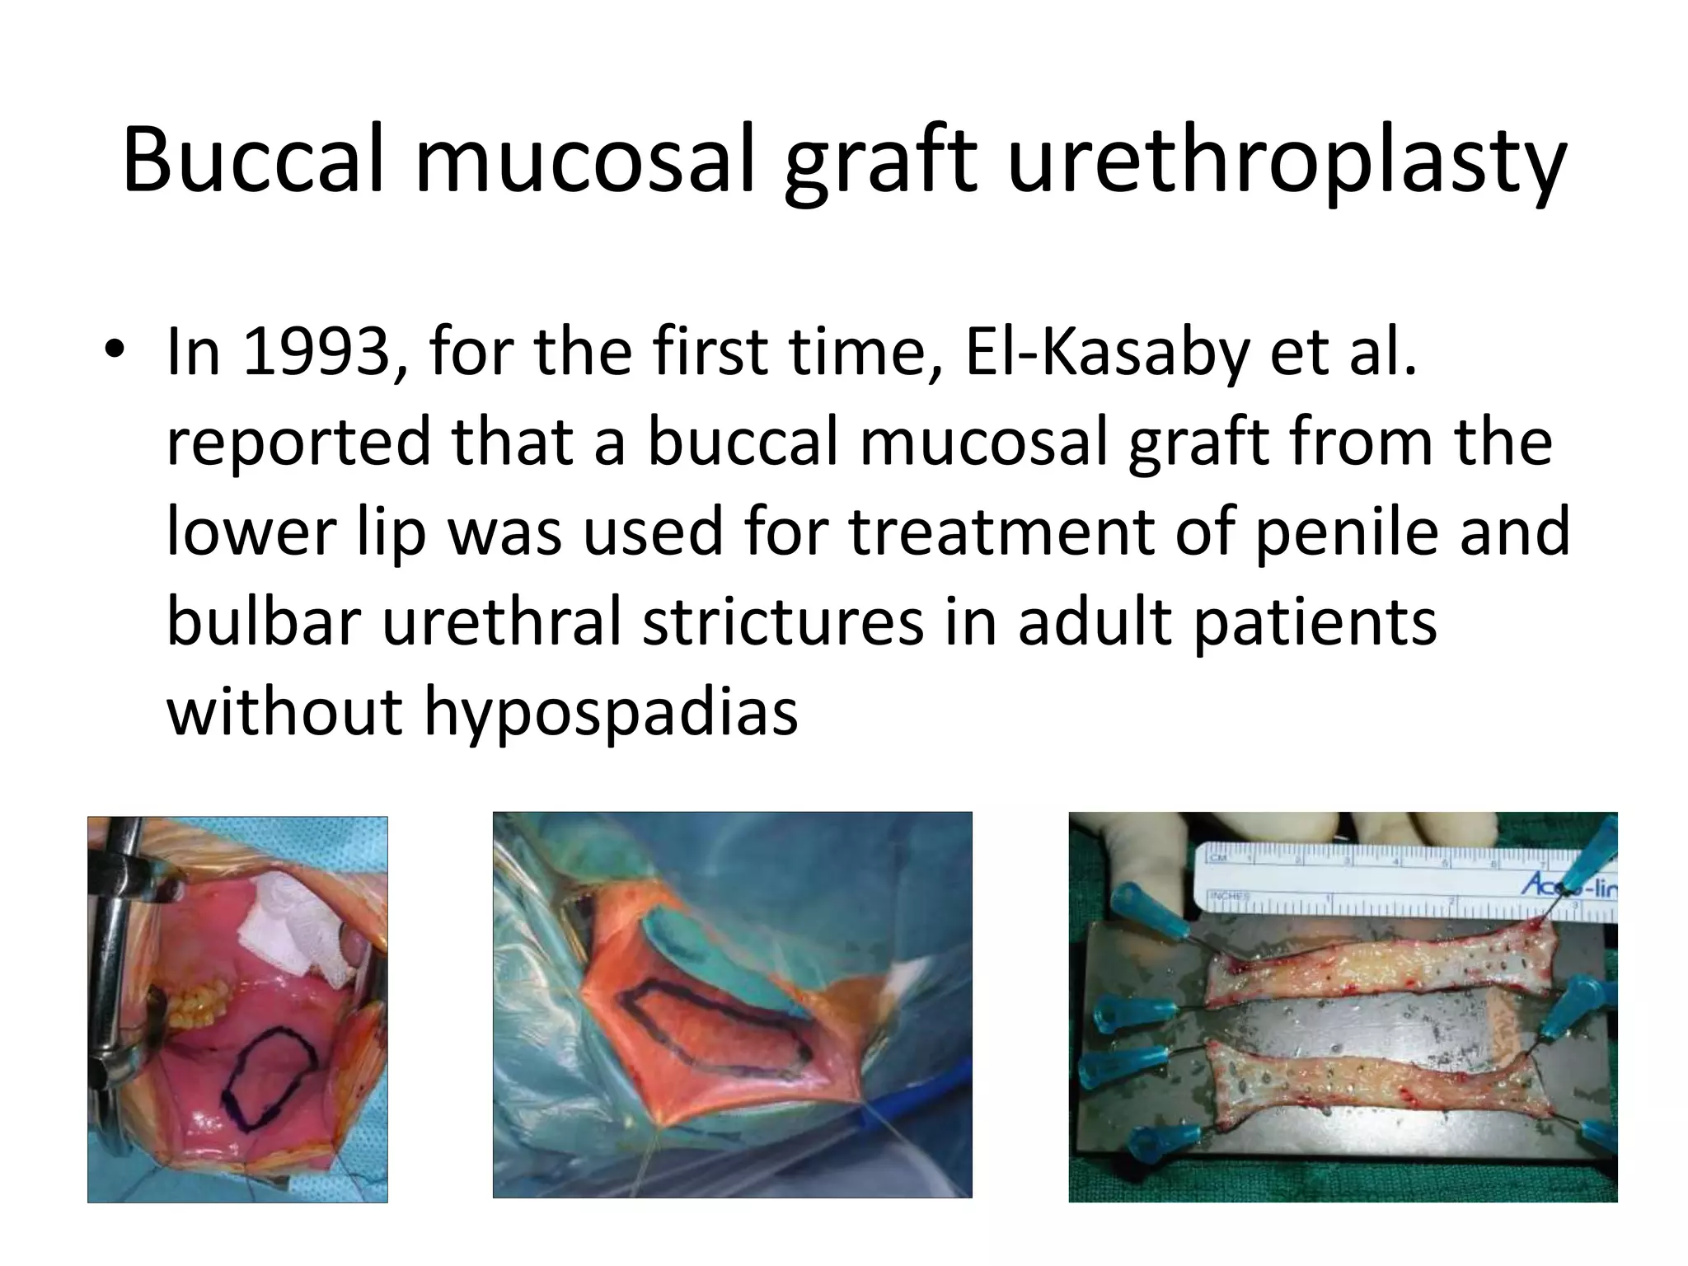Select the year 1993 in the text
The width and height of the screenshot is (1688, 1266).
[x=316, y=353]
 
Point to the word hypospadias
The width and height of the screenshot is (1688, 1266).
[x=611, y=711]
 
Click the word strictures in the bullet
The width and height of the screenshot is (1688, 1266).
[x=784, y=621]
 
